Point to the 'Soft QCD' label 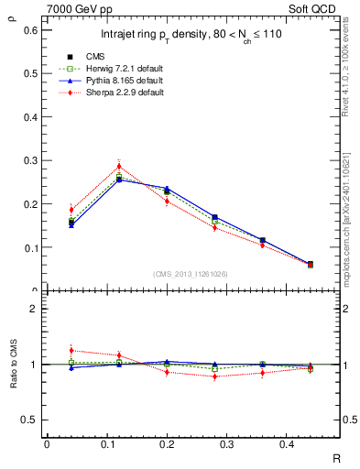tap(326, 7)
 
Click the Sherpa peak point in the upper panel tap(118, 166)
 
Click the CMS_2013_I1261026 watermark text tap(191, 274)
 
